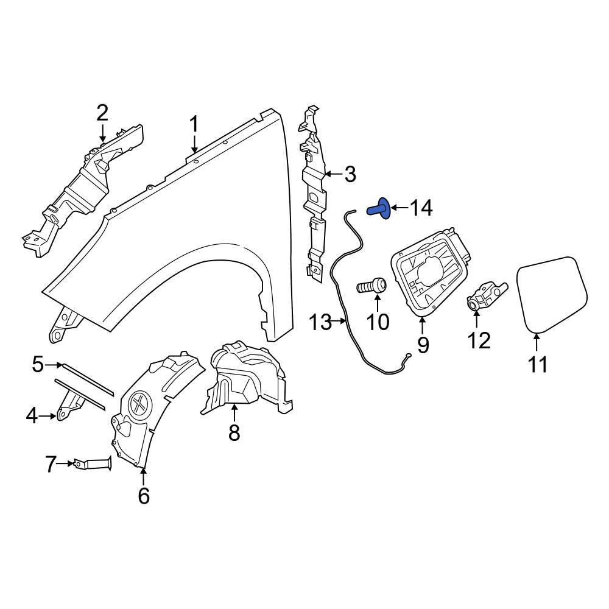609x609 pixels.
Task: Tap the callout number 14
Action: click(420, 209)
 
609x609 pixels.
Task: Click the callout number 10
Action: click(378, 321)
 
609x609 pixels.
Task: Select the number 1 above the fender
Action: click(194, 125)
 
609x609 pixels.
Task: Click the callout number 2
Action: click(102, 113)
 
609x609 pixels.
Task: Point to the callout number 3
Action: click(350, 175)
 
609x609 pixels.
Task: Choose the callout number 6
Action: click(143, 496)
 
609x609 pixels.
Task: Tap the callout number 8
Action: click(234, 433)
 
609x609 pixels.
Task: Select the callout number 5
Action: click(38, 365)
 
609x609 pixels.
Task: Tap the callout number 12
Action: click(479, 340)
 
